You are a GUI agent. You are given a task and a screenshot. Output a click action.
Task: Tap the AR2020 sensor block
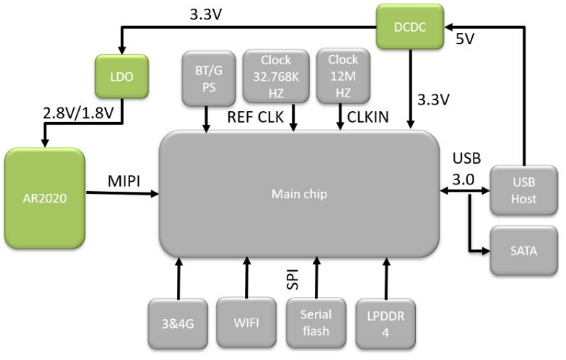tap(45, 198)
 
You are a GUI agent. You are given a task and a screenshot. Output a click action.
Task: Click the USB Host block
tap(524, 190)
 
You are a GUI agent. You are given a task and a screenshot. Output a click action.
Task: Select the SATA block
tap(524, 250)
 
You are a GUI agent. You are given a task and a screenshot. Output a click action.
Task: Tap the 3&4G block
tap(178, 322)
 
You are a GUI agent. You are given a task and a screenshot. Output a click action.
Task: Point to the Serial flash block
tap(316, 322)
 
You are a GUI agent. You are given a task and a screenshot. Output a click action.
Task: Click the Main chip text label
tap(298, 194)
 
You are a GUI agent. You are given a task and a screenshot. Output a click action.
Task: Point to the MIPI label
tap(125, 182)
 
